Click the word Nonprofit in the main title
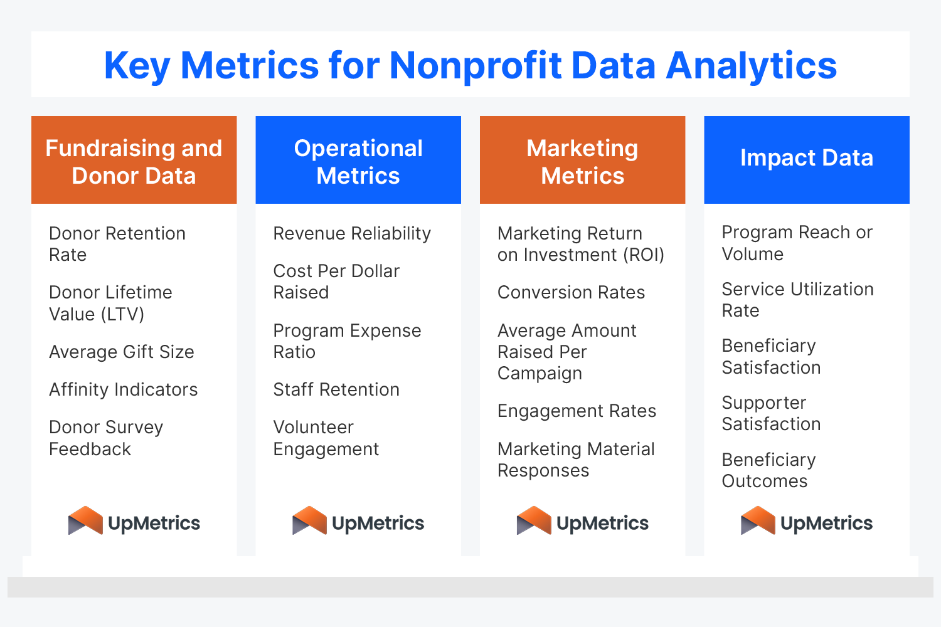tap(476, 65)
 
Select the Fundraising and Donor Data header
tap(134, 161)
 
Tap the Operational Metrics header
tap(358, 161)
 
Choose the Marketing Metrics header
tap(582, 161)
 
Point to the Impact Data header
tap(807, 158)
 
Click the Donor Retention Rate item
tap(117, 244)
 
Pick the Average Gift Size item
tap(122, 352)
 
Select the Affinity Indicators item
tap(124, 389)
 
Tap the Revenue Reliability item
tap(352, 233)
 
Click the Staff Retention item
tap(336, 389)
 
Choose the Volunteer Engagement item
tap(326, 438)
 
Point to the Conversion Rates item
tap(571, 292)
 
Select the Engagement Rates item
tap(577, 411)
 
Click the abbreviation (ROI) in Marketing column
tap(644, 255)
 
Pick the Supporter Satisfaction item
tap(771, 413)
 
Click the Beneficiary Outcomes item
tap(768, 470)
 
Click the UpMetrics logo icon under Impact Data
tap(758, 521)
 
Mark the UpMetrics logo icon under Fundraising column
tap(85, 521)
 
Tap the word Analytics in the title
tap(751, 65)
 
